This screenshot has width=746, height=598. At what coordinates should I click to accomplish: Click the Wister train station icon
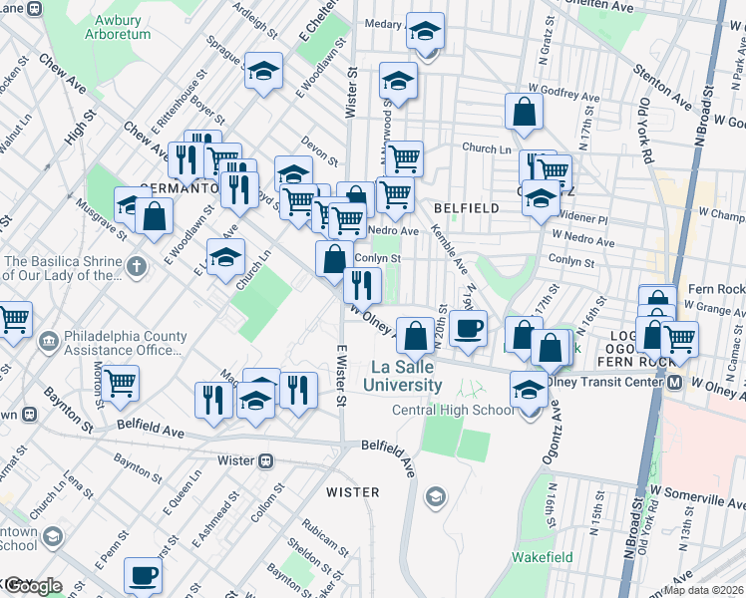(x=266, y=461)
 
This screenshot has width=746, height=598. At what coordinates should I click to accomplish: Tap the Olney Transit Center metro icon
(x=674, y=383)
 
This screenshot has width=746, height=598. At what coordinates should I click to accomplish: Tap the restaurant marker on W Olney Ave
(x=362, y=285)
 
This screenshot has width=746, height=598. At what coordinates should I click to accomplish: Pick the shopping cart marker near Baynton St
(x=120, y=382)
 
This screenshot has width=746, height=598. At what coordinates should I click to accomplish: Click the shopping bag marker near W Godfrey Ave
(x=524, y=113)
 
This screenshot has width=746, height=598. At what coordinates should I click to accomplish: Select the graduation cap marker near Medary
(x=425, y=33)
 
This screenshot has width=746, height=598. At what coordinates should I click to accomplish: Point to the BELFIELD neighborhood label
(x=466, y=208)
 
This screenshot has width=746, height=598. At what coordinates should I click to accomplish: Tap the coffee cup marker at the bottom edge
(x=143, y=576)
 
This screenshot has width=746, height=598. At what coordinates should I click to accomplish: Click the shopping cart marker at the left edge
(x=12, y=319)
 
